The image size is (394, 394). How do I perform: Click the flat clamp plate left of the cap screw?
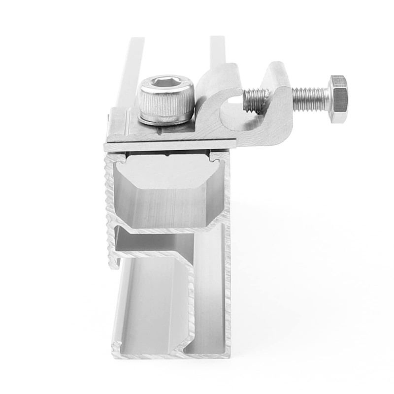(x=121, y=131)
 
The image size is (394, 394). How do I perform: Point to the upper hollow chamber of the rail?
(x=163, y=197)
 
